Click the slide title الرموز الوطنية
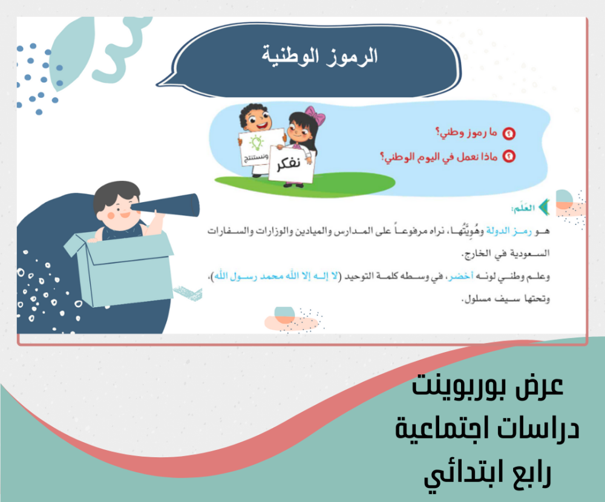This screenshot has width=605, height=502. click(x=320, y=56)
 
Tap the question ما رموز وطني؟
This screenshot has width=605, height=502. click(x=466, y=132)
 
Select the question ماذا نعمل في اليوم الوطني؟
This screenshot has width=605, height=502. click(x=439, y=157)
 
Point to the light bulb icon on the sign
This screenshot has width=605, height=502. click(x=256, y=142)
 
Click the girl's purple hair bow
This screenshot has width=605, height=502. click(x=315, y=114)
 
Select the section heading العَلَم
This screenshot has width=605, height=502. click(x=523, y=208)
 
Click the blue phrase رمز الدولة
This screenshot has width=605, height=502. click(x=509, y=231)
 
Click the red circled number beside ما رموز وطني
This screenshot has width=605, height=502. click(x=509, y=134)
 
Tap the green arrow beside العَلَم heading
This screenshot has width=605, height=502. click(x=544, y=207)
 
